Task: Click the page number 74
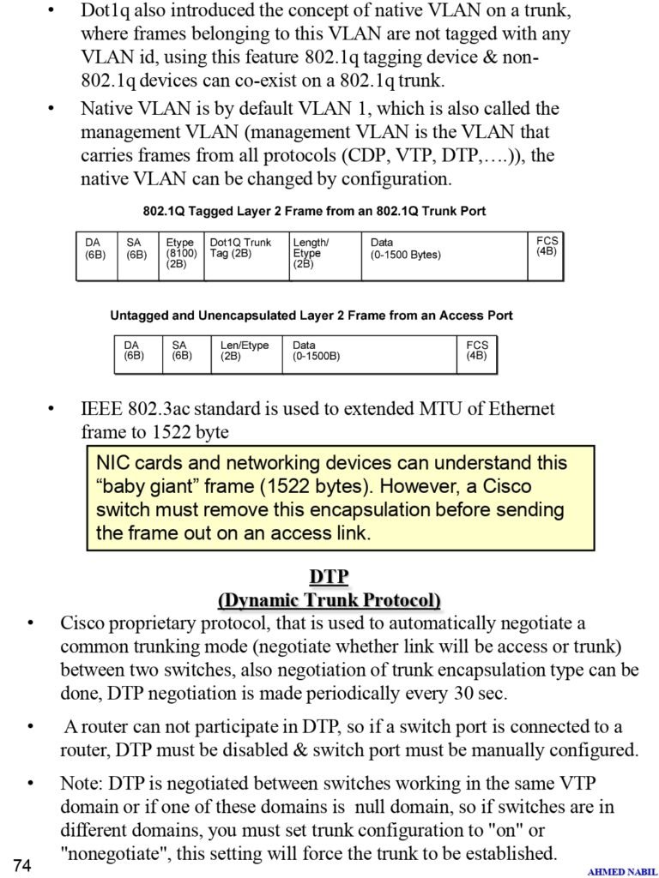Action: pyautogui.click(x=22, y=865)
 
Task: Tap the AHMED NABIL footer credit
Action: pyautogui.click(x=622, y=872)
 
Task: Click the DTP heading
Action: pyautogui.click(x=329, y=577)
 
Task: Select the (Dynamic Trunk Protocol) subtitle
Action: pyautogui.click(x=329, y=599)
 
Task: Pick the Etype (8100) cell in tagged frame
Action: pyautogui.click(x=181, y=254)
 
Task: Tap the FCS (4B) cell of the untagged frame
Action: pyautogui.click(x=477, y=351)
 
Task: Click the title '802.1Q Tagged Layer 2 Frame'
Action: pyautogui.click(x=314, y=211)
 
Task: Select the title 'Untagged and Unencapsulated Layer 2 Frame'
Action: pyautogui.click(x=311, y=316)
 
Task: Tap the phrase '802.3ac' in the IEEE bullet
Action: pyautogui.click(x=160, y=409)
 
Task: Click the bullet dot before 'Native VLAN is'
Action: pyautogui.click(x=51, y=110)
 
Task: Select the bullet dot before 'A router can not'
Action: pyautogui.click(x=31, y=727)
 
